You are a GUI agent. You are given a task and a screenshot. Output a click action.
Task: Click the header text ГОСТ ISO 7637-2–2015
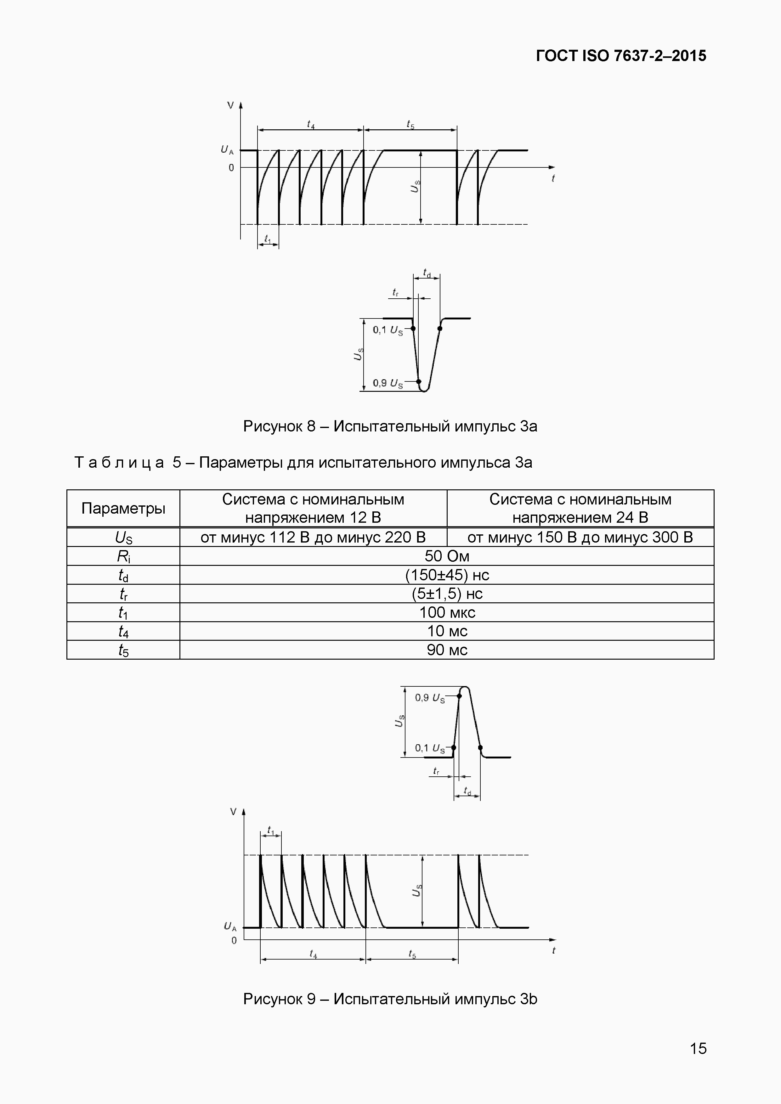tap(621, 56)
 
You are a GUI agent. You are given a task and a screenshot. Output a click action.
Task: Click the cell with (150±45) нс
tap(446, 575)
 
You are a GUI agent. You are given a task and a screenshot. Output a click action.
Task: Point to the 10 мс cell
tap(446, 631)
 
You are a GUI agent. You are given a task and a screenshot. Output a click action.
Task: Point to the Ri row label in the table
tap(123, 556)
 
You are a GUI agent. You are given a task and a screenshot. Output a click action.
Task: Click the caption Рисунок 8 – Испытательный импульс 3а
tap(390, 426)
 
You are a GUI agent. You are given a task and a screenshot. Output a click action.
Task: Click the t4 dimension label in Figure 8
tap(311, 125)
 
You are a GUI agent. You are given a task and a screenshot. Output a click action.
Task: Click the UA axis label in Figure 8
tap(227, 150)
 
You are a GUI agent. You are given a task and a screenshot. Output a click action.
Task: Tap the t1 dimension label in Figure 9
tap(271, 831)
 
